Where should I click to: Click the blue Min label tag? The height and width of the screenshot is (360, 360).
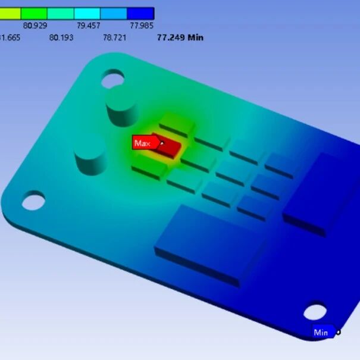point(321,333)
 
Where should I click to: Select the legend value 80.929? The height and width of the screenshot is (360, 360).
point(35,26)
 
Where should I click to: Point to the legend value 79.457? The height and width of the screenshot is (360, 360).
point(88,26)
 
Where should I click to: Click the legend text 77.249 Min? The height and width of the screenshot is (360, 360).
point(180,37)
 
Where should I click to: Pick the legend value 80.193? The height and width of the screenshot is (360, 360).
point(61,37)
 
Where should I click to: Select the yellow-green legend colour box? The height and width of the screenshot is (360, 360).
point(10,13)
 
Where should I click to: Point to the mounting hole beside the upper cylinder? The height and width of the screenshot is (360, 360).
point(112,77)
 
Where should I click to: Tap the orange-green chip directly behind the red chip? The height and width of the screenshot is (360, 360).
point(177,123)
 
